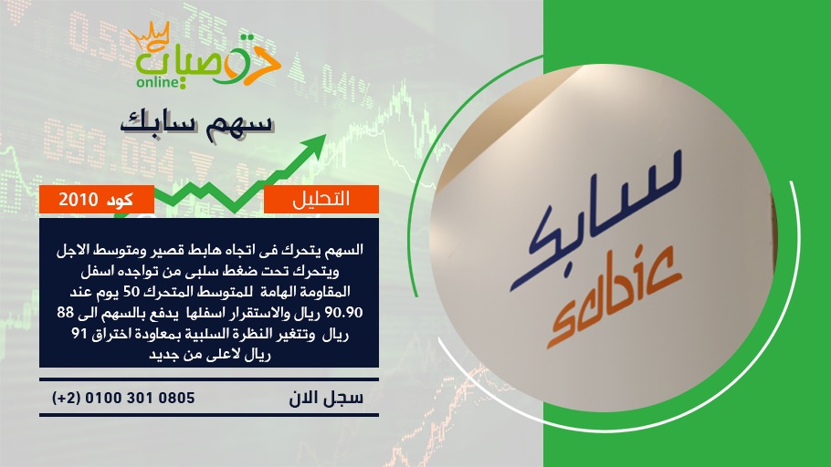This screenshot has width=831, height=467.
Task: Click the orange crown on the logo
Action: click(149, 35)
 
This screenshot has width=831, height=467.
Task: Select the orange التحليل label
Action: click(321, 199)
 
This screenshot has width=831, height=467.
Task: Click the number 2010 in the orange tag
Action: click(79, 200)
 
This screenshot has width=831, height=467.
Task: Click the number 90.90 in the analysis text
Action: click(342, 312)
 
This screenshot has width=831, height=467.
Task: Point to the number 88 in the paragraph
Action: click(66, 312)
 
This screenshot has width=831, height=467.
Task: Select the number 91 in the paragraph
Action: click(79, 334)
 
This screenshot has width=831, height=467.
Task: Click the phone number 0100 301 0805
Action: click(140, 398)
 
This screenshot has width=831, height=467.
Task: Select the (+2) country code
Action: click(67, 398)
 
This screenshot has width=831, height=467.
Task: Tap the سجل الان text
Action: click(326, 398)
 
